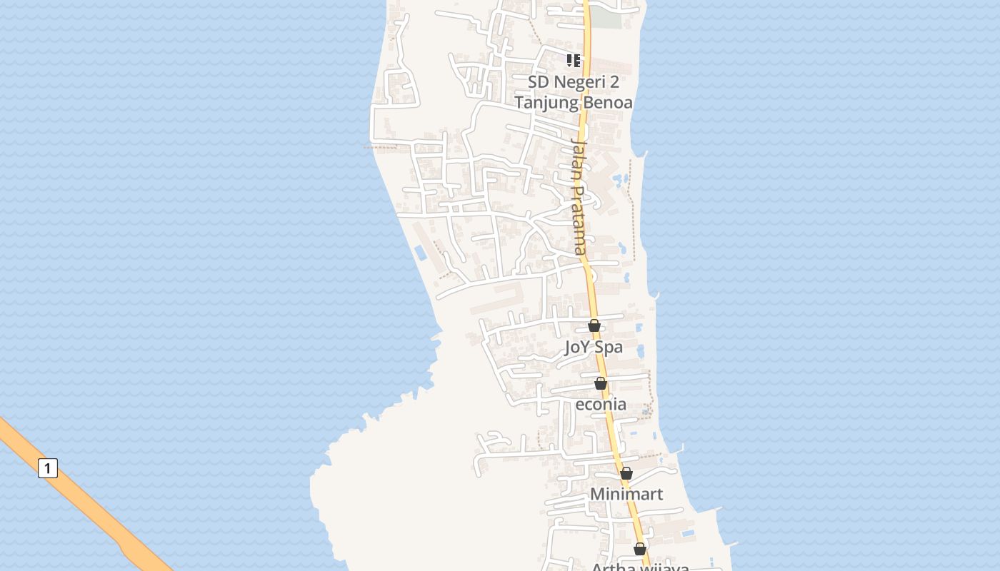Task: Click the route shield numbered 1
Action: pos(47,468)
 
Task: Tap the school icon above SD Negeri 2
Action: pos(574,61)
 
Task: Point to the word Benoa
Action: pos(608,102)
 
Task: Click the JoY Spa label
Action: pos(593,348)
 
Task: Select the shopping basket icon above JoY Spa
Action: pos(594,325)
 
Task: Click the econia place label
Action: pos(601,404)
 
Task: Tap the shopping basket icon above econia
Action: pos(600,383)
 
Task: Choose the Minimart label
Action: pos(626,494)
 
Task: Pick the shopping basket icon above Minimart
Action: pos(626,473)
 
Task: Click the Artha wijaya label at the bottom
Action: pos(640,567)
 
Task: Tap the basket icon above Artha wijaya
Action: pos(640,549)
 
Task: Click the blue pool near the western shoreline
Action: pos(421,252)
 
